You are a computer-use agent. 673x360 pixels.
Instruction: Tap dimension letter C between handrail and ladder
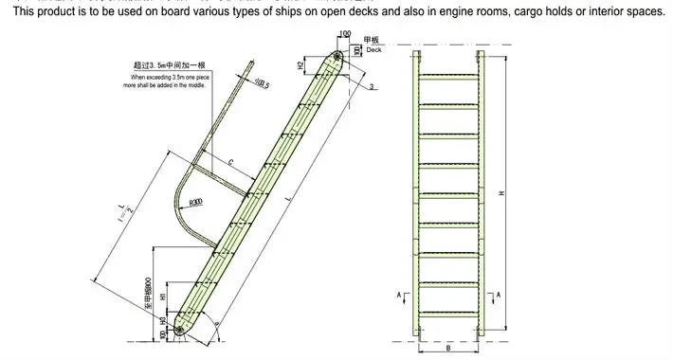tap(231, 161)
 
